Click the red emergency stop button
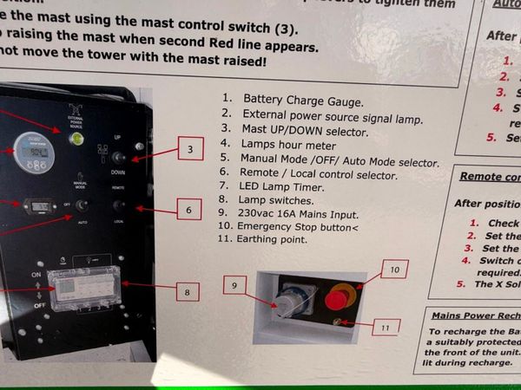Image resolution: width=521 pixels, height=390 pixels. (339, 300)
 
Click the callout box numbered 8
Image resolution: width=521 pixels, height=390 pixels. (187, 292)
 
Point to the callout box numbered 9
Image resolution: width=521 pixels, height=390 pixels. (234, 284)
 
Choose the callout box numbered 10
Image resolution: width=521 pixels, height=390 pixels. (392, 270)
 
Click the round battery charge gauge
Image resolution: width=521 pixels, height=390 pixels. (34, 150)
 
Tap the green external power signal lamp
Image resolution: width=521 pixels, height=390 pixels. (76, 137)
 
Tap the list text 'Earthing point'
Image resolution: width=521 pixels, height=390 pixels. (275, 238)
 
